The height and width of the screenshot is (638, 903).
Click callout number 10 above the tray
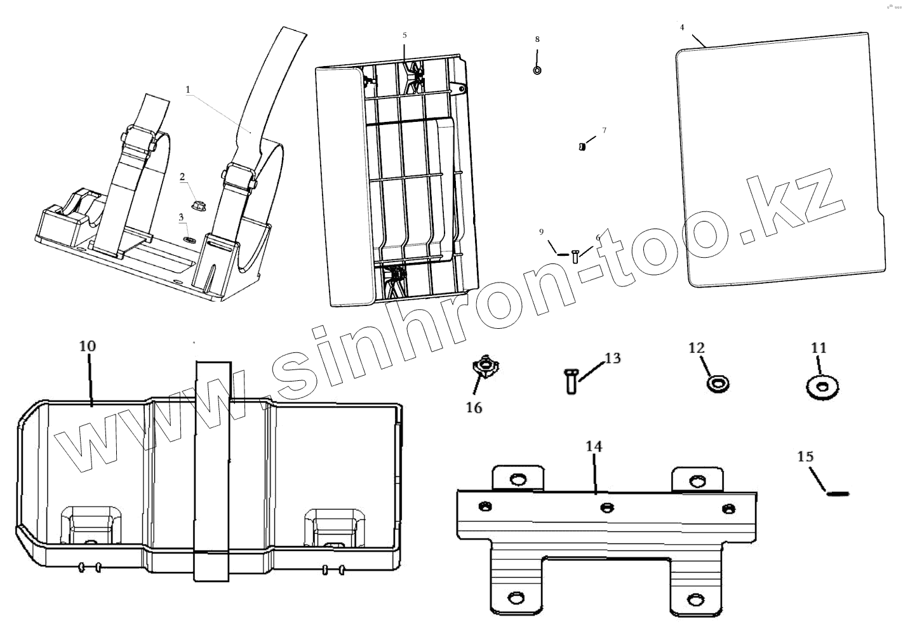click(x=88, y=346)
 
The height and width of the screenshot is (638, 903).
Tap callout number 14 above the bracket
click(x=594, y=447)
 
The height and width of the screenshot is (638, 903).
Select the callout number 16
click(x=474, y=408)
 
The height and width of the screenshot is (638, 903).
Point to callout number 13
click(x=612, y=359)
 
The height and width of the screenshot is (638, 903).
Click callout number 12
click(x=697, y=348)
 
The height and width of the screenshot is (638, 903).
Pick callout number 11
click(x=819, y=348)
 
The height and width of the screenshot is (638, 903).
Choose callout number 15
click(x=805, y=456)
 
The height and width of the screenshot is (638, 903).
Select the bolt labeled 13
click(x=570, y=382)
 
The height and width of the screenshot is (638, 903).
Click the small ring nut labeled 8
click(x=537, y=70)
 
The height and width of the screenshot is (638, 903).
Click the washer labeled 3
click(x=190, y=240)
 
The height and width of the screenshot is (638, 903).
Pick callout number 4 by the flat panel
click(x=682, y=27)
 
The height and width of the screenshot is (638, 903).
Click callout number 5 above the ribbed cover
click(x=405, y=35)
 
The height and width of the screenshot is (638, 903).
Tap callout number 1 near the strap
click(x=188, y=90)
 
